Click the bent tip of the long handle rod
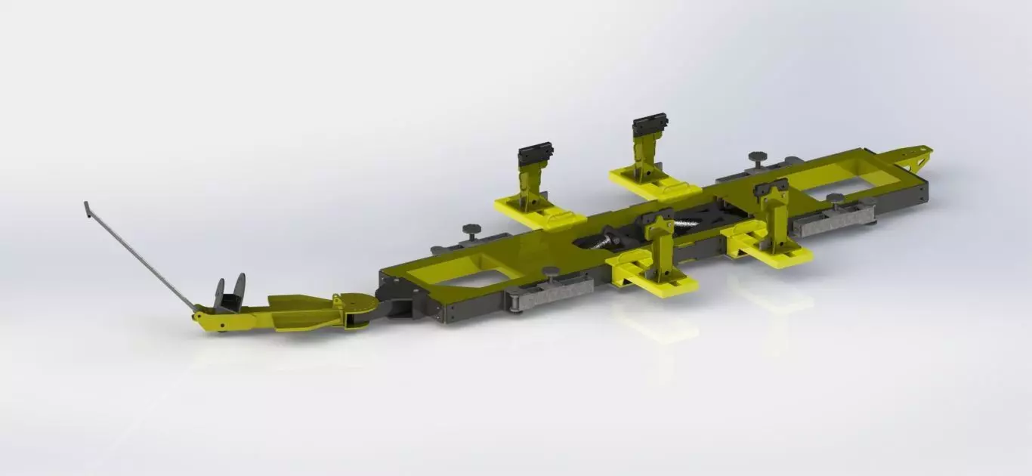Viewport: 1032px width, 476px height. (85, 206)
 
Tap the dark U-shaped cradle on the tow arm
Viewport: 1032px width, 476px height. (230, 295)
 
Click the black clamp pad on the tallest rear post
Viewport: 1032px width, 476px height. (651, 122)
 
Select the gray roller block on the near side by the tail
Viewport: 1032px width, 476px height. (833, 220)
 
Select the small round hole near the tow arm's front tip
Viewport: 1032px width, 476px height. (221, 326)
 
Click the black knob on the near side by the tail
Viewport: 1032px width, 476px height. (835, 199)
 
